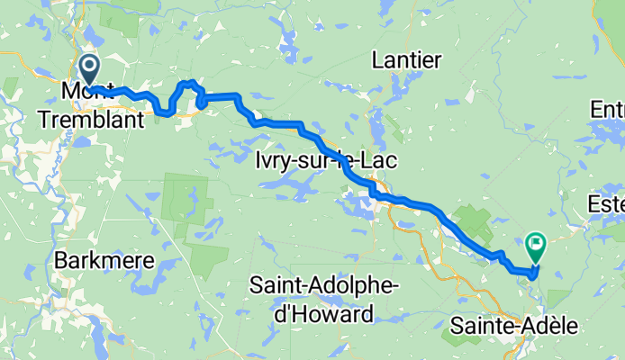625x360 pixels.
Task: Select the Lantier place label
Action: point(407,61)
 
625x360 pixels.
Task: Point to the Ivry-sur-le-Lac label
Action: point(322,160)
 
